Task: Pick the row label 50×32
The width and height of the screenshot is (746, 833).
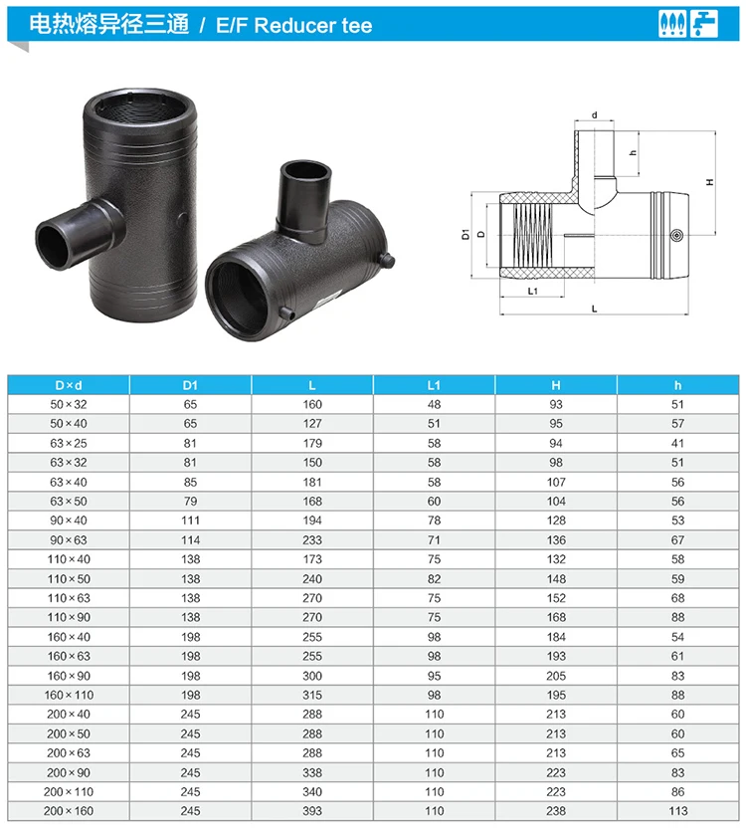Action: (69, 405)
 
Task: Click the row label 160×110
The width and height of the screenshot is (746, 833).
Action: (69, 695)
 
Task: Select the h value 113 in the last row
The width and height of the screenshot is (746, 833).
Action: (679, 811)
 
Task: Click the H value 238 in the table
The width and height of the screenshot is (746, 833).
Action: (555, 811)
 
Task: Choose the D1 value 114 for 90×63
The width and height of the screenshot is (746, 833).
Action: (190, 540)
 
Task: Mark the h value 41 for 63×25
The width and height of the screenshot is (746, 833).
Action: (679, 444)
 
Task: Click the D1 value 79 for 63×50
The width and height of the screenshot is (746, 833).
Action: (190, 502)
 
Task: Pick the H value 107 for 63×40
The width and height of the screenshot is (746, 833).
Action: (555, 483)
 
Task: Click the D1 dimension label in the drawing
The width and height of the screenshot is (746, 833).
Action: (465, 235)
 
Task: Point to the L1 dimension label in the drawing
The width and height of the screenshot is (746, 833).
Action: (532, 292)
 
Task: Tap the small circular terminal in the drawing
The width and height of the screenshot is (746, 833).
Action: (677, 236)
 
